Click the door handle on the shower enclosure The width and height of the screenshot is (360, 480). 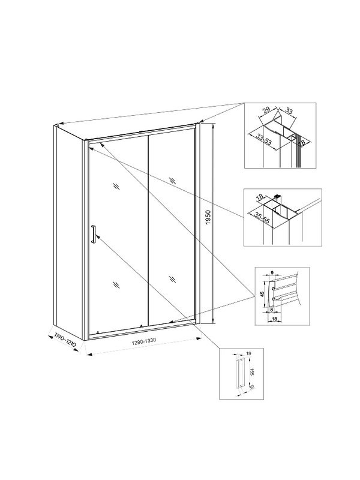[93, 234]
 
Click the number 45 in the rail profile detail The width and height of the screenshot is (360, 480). [262, 294]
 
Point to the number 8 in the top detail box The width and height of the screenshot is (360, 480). [302, 142]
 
